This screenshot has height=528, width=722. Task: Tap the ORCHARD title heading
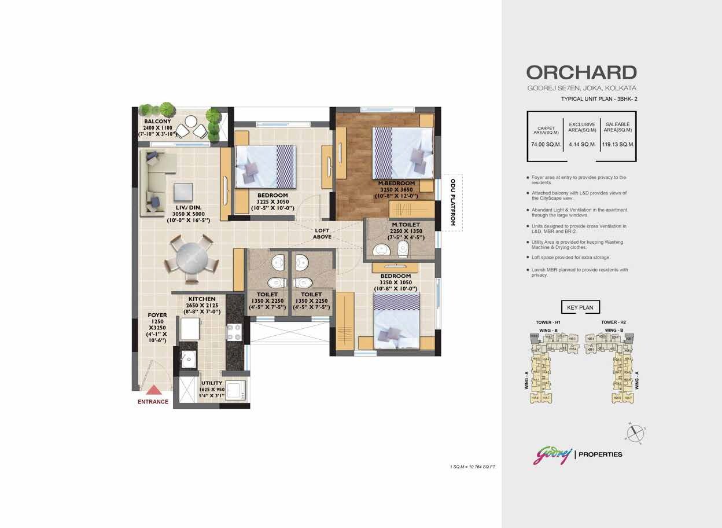point(581,72)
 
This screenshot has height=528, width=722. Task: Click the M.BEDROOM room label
point(396,184)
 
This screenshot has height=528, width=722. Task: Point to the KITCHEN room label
point(201,299)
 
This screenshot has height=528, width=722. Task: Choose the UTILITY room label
point(212,383)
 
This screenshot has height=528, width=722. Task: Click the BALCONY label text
point(157,122)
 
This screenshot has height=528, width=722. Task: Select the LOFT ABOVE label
point(322,233)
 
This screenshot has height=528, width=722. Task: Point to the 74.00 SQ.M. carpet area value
point(546,144)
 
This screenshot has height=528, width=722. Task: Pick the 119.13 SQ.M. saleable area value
point(618,144)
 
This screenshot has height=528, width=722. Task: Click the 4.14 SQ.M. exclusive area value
point(582,144)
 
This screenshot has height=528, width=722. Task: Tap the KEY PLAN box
point(580,307)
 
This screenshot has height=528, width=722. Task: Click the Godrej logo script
point(552,454)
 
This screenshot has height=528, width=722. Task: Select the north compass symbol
point(635,431)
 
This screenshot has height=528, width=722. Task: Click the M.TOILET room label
point(406,225)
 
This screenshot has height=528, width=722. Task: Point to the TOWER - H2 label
point(613,322)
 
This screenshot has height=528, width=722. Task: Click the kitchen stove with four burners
point(234,332)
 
